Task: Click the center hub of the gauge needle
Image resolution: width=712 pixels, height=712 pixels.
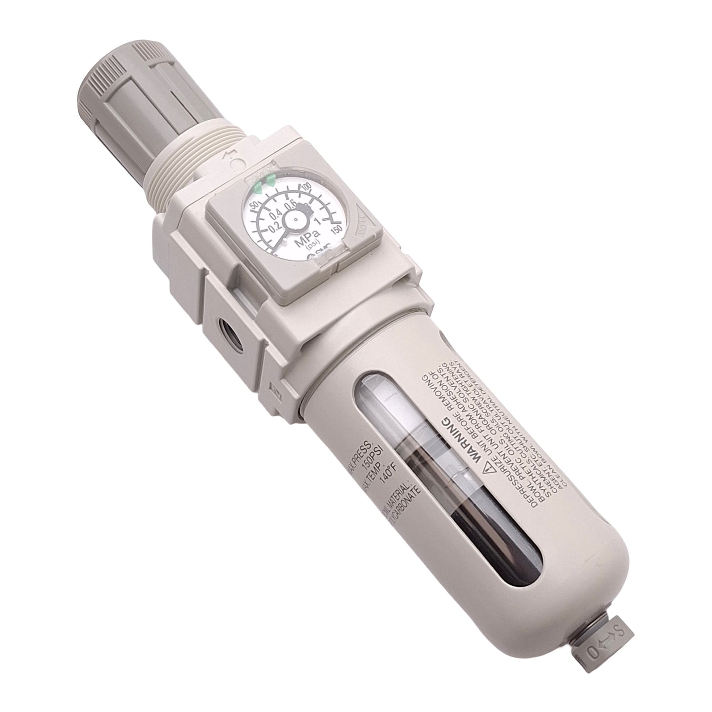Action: [296, 217]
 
